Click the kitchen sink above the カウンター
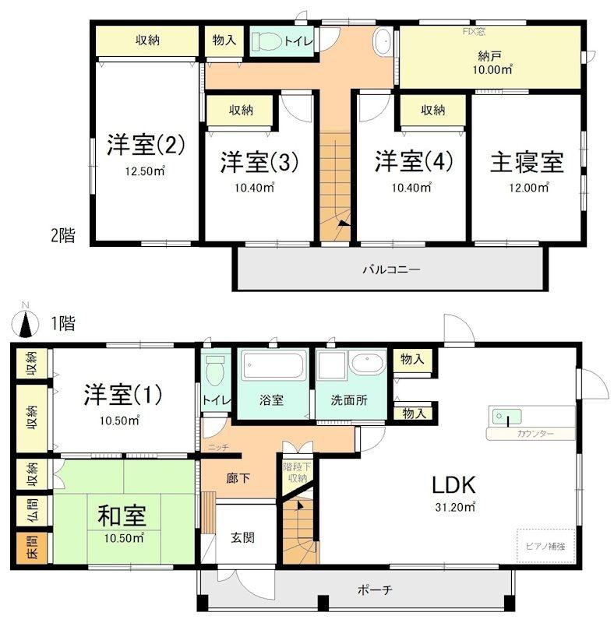[507, 417]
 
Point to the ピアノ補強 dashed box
[545, 546]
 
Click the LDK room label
[453, 484]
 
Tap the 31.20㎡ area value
[455, 507]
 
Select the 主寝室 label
[527, 162]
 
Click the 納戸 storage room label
[489, 56]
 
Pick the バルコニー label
[391, 269]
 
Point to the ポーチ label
[375, 590]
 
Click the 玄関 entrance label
[242, 537]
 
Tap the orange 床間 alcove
[33, 547]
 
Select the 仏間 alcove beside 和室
[33, 511]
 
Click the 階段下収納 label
[297, 473]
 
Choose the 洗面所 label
[349, 400]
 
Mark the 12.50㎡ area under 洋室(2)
[145, 171]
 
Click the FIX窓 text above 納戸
[474, 31]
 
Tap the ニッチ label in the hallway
[219, 447]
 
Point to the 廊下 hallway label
[238, 478]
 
